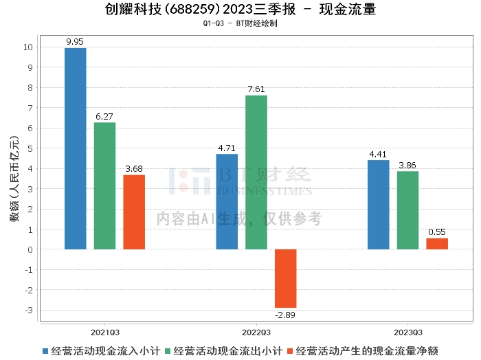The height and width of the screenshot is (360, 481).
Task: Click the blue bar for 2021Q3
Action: [76, 148]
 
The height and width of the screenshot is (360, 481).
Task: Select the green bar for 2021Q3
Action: [104, 185]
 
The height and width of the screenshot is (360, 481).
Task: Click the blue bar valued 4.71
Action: [227, 201]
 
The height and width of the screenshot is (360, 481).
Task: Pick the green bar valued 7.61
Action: [256, 172]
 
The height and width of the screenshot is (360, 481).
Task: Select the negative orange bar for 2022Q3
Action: [285, 278]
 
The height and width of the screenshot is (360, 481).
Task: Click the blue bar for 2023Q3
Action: [378, 205]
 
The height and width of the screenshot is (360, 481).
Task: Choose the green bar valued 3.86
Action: [407, 210]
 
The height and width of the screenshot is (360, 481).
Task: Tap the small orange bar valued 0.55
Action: [437, 243]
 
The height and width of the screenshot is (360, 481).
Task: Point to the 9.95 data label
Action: [76, 42]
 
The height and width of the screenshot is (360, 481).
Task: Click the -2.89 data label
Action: [285, 314]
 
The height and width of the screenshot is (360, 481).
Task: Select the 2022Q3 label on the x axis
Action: [256, 331]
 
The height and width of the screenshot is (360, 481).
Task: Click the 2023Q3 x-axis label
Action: [407, 331]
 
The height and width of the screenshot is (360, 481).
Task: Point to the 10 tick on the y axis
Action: [27, 47]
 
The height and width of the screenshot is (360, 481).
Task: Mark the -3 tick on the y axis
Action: [28, 310]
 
